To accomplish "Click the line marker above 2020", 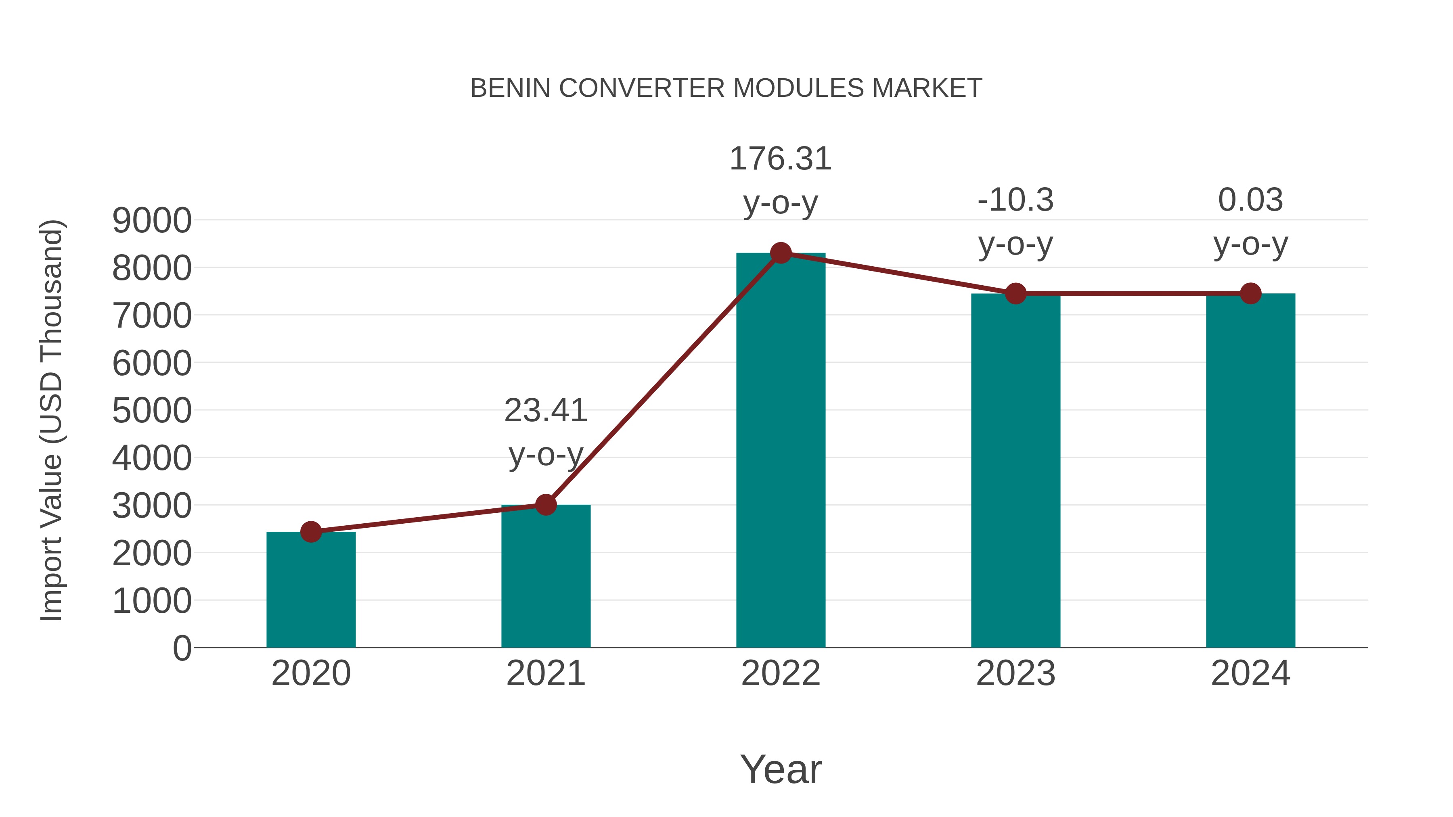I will pos(311,532).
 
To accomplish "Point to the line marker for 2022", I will pos(781,253).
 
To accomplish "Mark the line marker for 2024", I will pos(1250,293).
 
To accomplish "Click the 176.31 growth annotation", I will pos(781,159).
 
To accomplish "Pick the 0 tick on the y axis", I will pos(182,648).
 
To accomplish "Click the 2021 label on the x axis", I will pos(545,673).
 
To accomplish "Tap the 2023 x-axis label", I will pos(1015,673).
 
